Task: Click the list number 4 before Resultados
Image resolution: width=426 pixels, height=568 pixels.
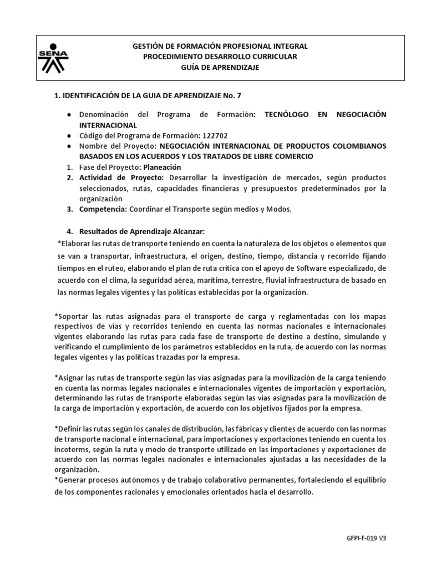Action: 69,231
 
